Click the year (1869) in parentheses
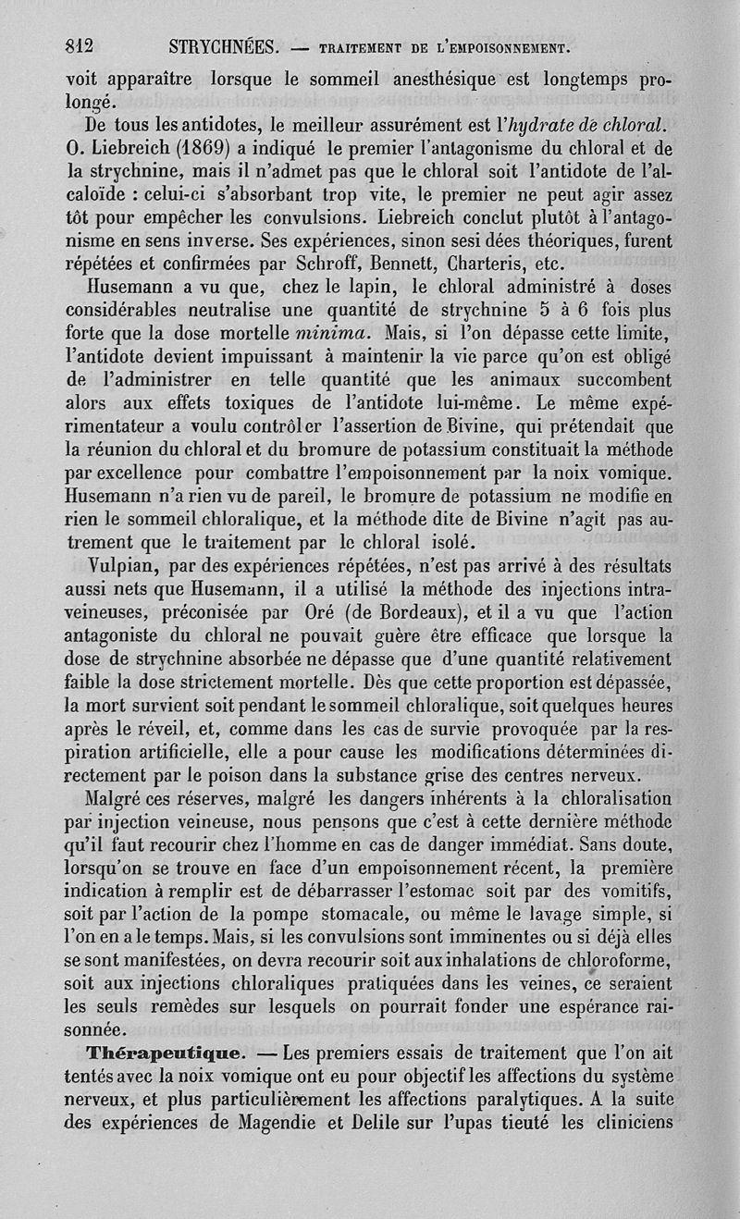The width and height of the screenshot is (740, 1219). [210, 147]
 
